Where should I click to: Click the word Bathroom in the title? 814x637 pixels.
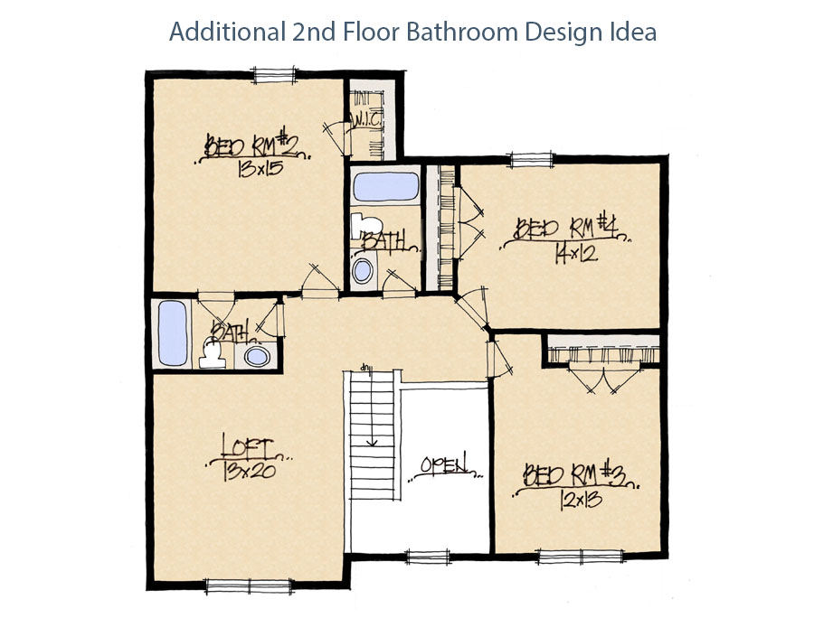[x=461, y=32]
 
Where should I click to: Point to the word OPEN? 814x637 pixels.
[x=445, y=466]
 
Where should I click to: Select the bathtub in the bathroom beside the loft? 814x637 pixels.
[x=171, y=332]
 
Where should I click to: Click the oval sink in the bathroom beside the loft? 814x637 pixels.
[x=257, y=356]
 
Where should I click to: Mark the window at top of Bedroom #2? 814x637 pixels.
[x=275, y=74]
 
